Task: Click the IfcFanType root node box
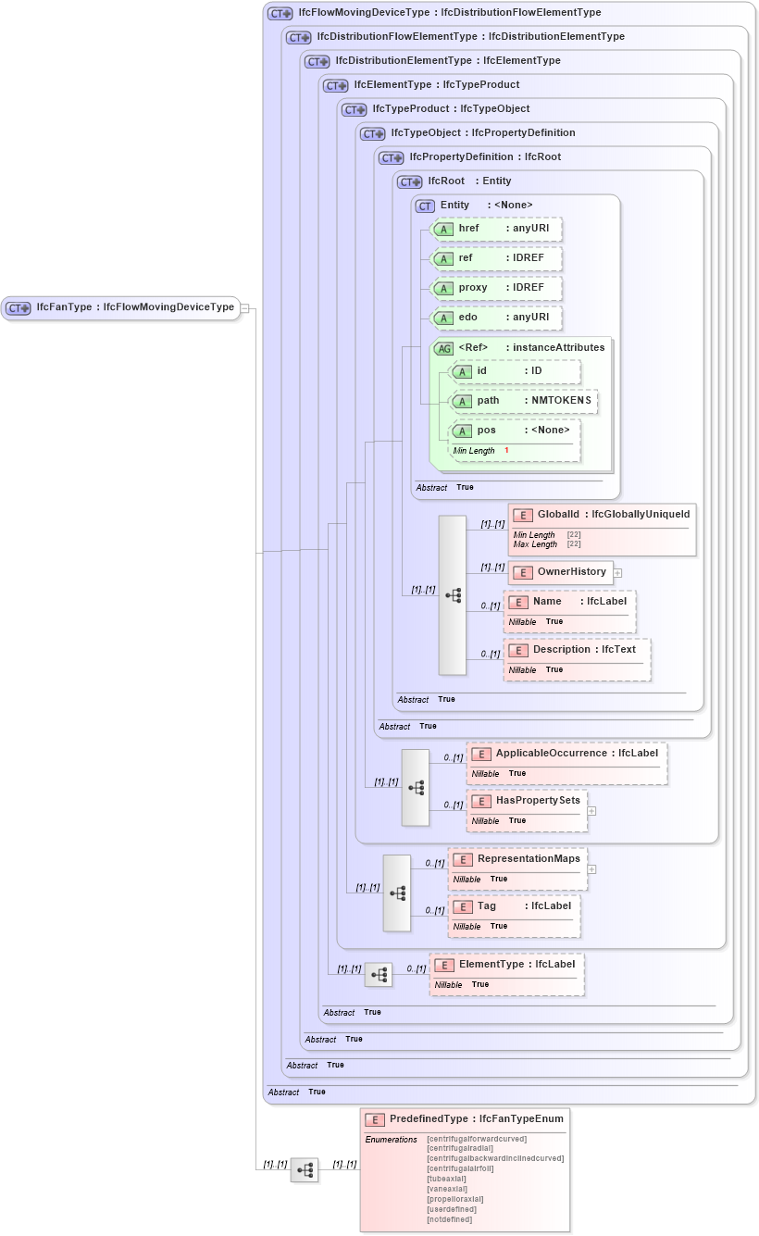point(120,307)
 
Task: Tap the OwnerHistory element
point(561,572)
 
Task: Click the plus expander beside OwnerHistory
point(617,573)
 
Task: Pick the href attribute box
point(497,229)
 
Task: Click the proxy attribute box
point(497,288)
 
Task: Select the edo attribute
point(497,318)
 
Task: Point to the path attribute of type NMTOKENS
point(524,401)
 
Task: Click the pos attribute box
point(515,431)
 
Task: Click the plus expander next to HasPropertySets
point(591,811)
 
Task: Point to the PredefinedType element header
point(465,1119)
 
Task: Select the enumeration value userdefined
point(452,1209)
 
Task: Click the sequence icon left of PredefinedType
point(305,1169)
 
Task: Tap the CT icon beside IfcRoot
point(410,181)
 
